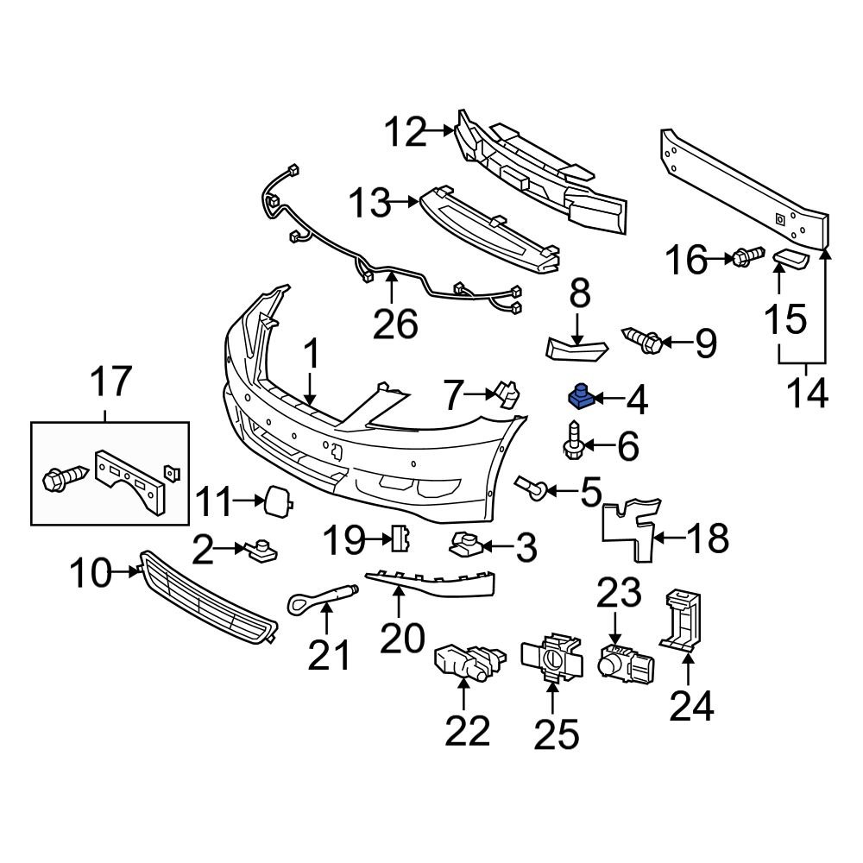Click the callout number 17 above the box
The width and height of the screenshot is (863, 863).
tap(111, 381)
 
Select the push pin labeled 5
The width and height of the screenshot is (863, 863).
tap(529, 489)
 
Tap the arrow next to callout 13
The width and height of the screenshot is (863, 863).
tap(405, 204)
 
